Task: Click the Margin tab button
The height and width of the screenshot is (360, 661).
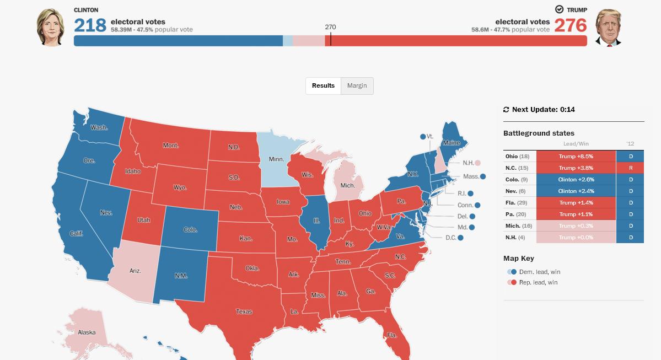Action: [357, 85]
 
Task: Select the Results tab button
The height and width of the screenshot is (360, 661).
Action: [323, 85]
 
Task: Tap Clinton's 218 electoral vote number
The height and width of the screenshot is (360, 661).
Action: [90, 25]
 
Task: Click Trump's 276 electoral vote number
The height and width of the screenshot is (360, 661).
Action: [571, 25]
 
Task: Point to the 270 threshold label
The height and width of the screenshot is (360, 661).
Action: [330, 27]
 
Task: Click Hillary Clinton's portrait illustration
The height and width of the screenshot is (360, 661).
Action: [50, 27]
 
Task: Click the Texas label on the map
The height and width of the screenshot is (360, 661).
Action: [244, 311]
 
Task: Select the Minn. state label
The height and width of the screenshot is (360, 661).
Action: [276, 159]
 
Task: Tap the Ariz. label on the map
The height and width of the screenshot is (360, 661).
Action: [135, 271]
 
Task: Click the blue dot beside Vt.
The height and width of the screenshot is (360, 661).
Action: [423, 137]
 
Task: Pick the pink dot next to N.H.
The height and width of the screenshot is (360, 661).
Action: [477, 163]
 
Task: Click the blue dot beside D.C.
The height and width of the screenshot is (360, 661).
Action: [460, 238]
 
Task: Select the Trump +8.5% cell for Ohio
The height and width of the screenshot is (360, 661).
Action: [576, 157]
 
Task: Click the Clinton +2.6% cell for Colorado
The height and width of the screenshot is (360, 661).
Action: [576, 180]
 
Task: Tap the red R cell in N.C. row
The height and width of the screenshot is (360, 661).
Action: [631, 168]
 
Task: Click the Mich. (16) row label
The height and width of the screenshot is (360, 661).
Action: [519, 226]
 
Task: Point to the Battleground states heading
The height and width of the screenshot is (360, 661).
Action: [539, 133]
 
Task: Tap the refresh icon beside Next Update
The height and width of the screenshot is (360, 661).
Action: [506, 110]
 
